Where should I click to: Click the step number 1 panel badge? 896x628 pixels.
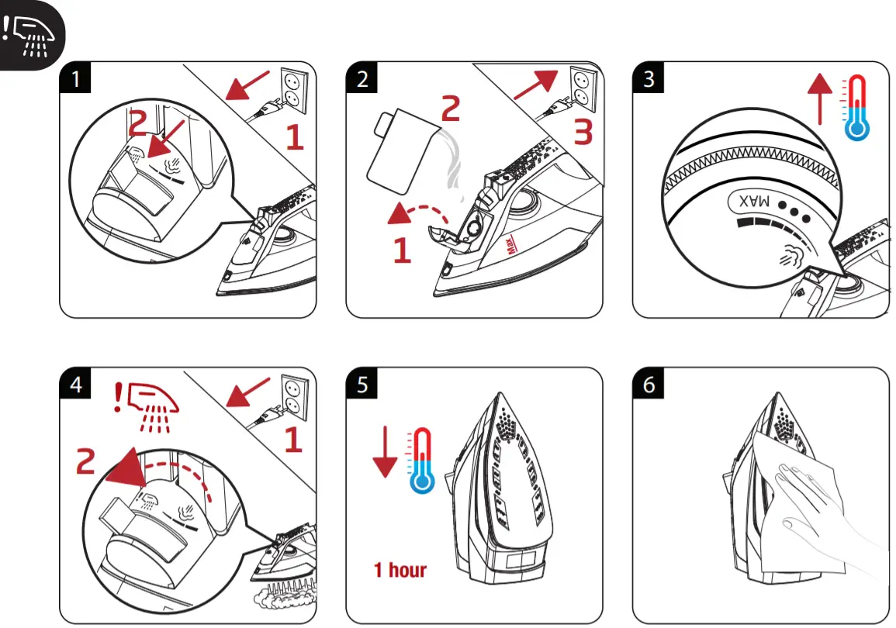click(x=75, y=78)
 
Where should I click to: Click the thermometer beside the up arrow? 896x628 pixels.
click(x=856, y=108)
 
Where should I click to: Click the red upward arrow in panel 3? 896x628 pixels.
click(x=820, y=98)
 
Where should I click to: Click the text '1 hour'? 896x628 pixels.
click(x=400, y=571)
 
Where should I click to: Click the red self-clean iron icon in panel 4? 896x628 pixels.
click(x=147, y=405)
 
